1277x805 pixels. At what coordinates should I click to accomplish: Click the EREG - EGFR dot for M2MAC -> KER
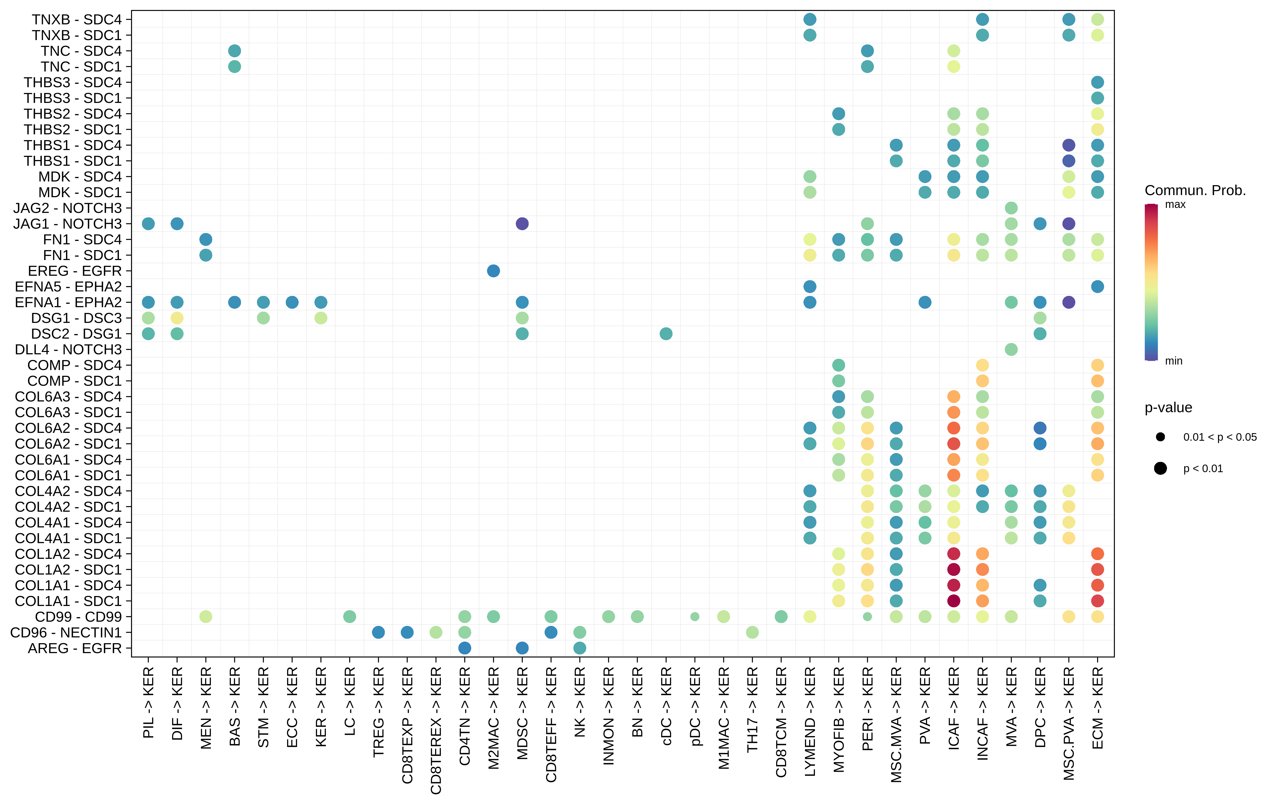click(493, 271)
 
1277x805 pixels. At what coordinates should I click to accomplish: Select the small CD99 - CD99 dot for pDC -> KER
click(695, 617)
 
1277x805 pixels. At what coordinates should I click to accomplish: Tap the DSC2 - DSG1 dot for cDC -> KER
click(666, 334)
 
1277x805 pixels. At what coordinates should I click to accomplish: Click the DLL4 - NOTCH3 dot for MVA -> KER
click(1011, 349)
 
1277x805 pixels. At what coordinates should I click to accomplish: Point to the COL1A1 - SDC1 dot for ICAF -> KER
click(953, 601)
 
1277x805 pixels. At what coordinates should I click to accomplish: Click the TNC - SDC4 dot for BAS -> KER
click(234, 51)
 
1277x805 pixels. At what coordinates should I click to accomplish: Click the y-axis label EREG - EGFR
click(75, 271)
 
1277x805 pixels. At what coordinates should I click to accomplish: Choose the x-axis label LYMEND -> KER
click(810, 721)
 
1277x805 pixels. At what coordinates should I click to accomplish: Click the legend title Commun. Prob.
click(1195, 190)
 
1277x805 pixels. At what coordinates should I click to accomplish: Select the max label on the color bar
click(1175, 205)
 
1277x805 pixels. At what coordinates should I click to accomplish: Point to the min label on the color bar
click(1174, 361)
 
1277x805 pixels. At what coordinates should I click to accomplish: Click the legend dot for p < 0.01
click(1160, 468)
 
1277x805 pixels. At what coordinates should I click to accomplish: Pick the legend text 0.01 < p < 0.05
click(1220, 437)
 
